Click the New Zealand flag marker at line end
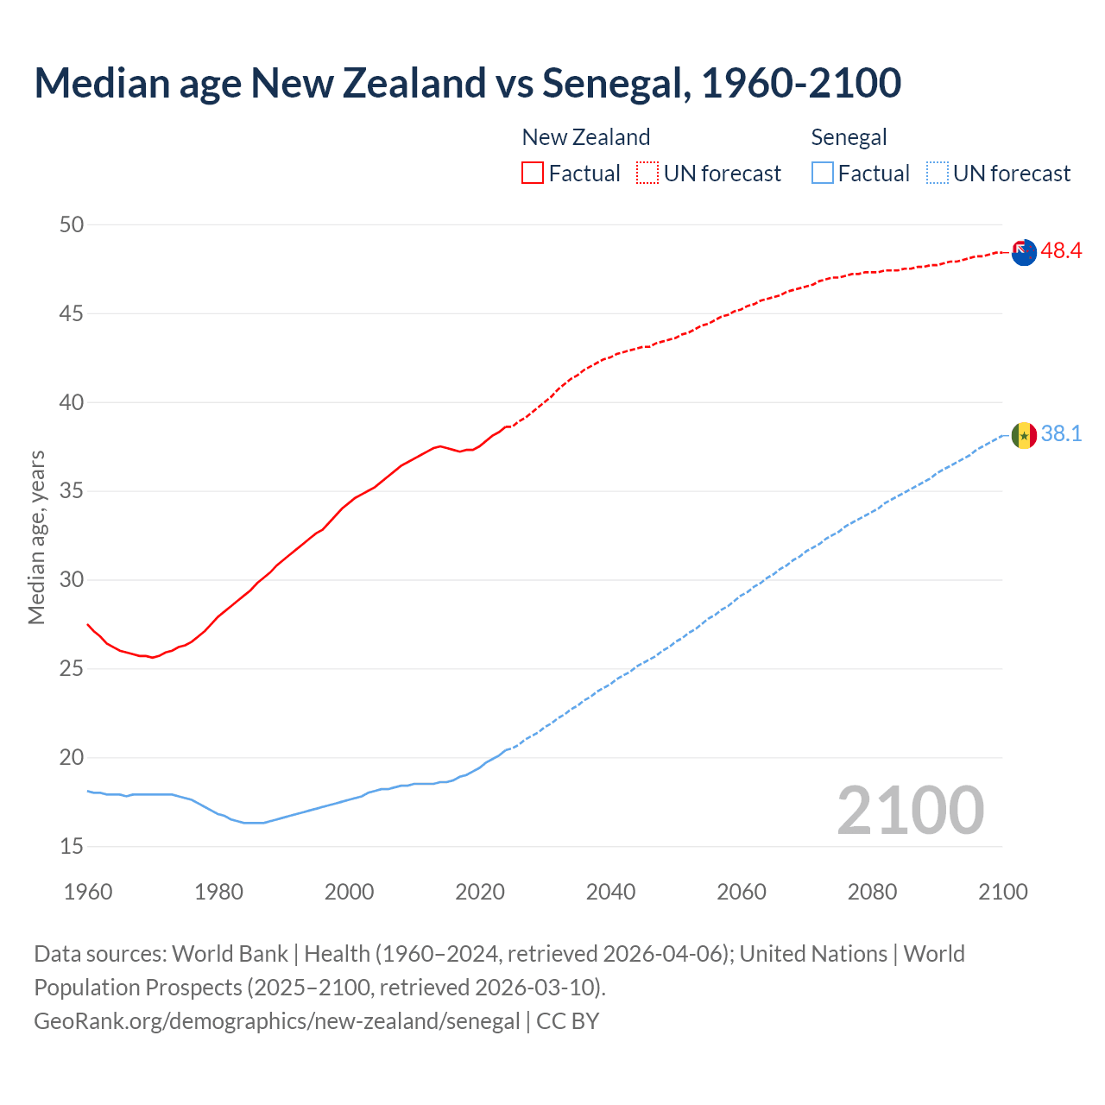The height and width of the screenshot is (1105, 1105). coord(1024,253)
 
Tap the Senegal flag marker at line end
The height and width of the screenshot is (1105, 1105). coord(1024,436)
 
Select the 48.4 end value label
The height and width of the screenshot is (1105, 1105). coord(1061,251)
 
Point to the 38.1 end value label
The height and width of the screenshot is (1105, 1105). coord(1061,433)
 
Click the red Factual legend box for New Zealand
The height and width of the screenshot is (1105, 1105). coord(533,174)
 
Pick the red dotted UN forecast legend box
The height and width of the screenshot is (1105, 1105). coord(647,174)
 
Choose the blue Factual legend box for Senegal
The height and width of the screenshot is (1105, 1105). coord(823,174)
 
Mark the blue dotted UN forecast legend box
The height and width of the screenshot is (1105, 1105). coord(938,174)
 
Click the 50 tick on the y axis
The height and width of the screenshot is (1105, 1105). coord(72,225)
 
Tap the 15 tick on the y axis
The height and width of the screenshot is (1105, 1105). coord(72,847)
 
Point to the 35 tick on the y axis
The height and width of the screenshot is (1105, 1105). coord(72,492)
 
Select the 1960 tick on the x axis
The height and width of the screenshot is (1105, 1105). coord(88,892)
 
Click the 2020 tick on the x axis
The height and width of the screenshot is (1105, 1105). coord(480,892)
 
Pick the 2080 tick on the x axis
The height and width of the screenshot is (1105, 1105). coord(872,892)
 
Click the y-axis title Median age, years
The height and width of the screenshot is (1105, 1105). coord(36,537)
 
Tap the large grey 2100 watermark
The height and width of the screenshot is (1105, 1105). coord(910,810)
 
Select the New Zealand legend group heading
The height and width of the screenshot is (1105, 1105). coord(586,137)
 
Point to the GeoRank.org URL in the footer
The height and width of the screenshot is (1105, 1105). coord(277,1021)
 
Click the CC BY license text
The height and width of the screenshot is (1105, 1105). coord(568,1021)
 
